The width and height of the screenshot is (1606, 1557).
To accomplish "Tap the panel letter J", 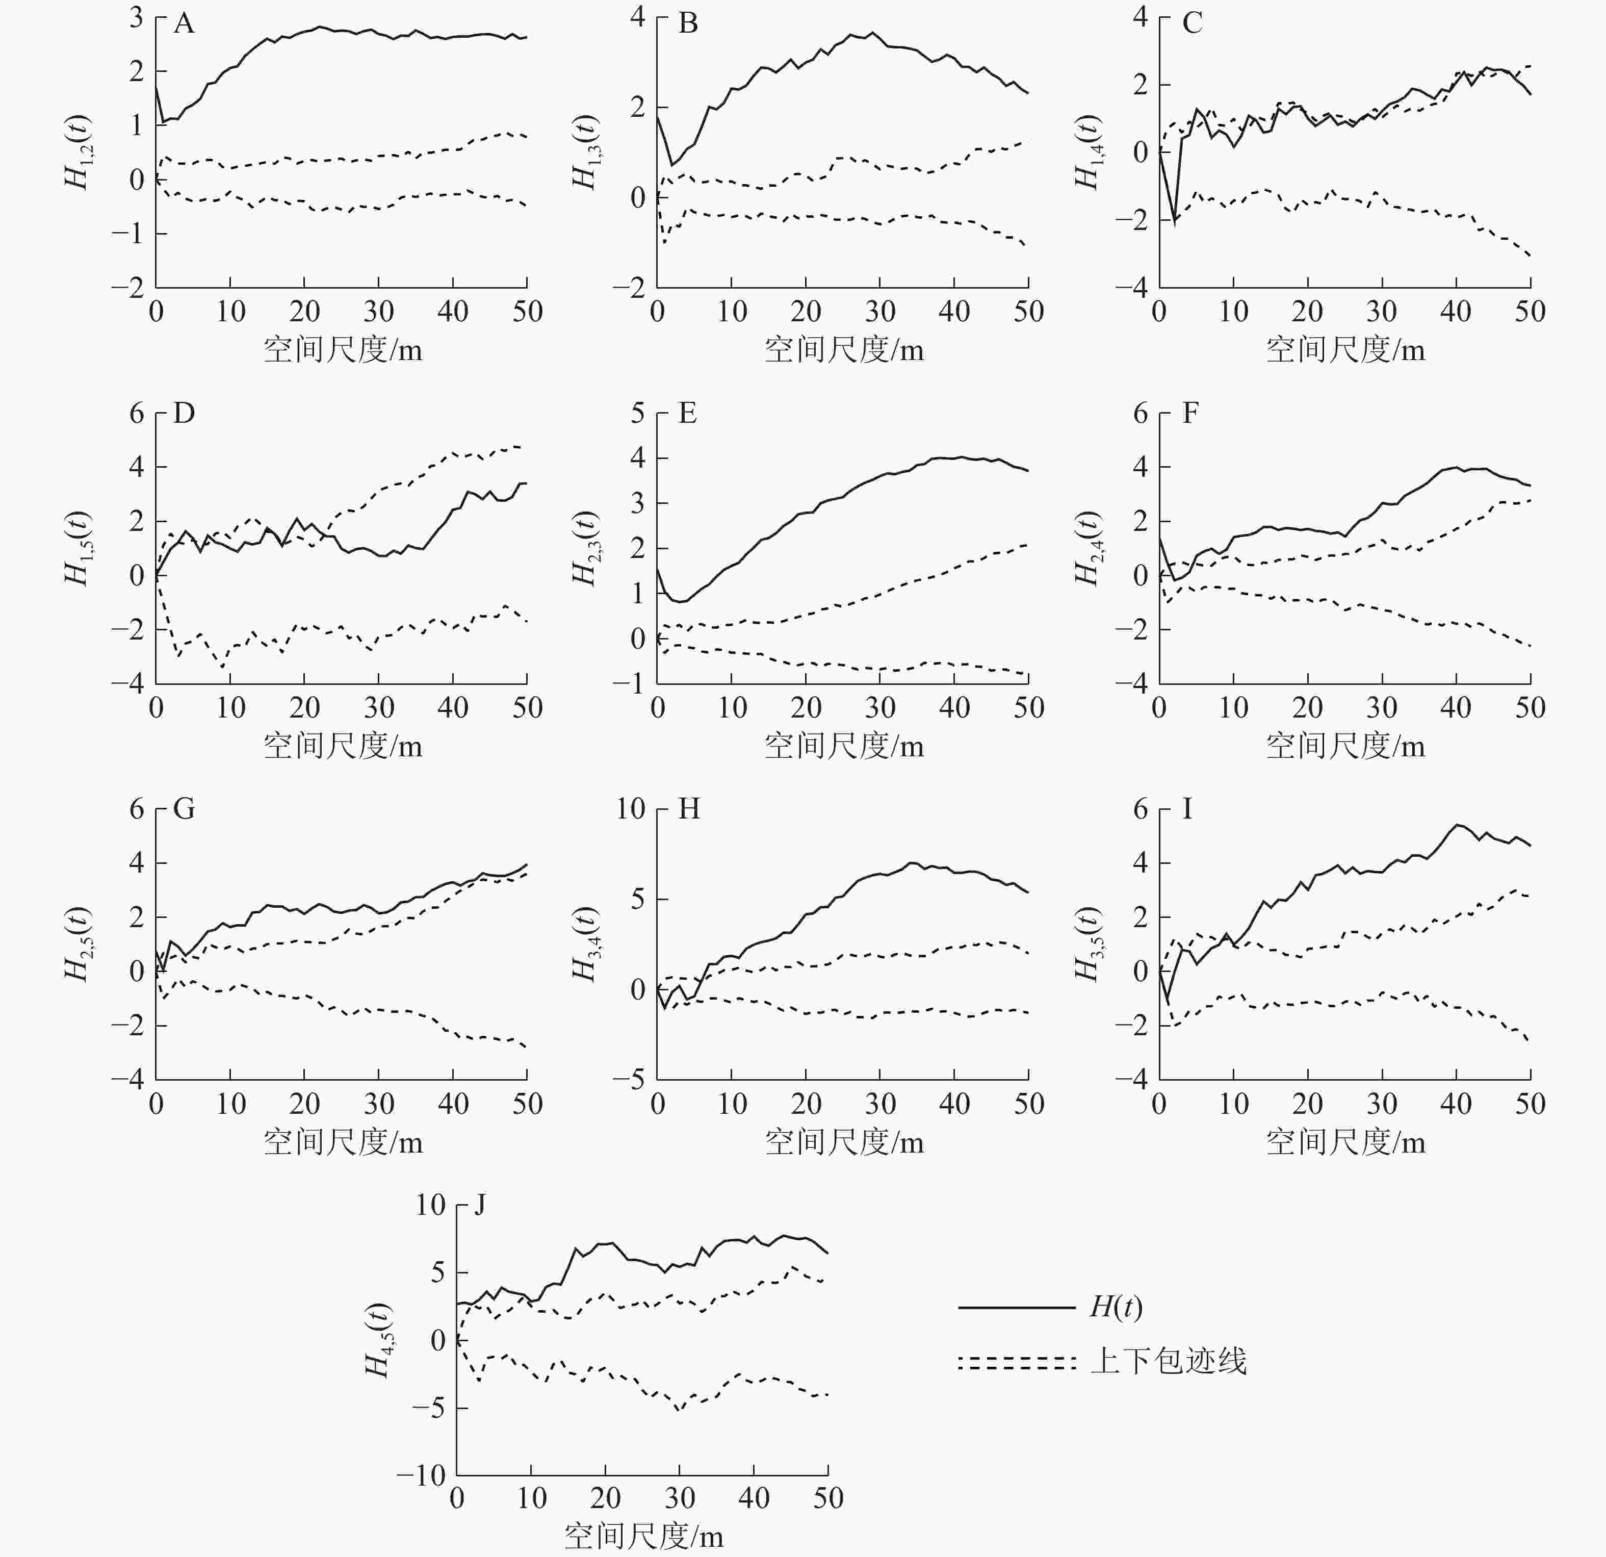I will pyautogui.click(x=481, y=1206).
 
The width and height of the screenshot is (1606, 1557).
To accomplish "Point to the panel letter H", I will pyautogui.click(x=689, y=810).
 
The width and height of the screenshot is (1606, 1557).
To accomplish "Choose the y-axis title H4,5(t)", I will pyautogui.click(x=378, y=1341).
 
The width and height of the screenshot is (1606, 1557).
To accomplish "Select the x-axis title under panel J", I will pyautogui.click(x=643, y=1537).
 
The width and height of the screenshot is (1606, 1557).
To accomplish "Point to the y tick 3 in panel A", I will pyautogui.click(x=136, y=18).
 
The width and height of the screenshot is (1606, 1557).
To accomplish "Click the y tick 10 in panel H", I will pyautogui.click(x=631, y=810).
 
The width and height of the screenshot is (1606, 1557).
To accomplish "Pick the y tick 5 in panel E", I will pyautogui.click(x=637, y=413).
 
